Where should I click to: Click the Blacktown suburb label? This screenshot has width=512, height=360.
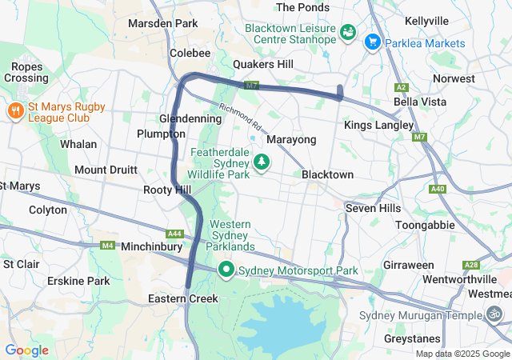pyautogui.click(x=327, y=174)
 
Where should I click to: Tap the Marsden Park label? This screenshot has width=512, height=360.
pyautogui.click(x=162, y=23)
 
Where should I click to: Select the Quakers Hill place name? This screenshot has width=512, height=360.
pyautogui.click(x=262, y=64)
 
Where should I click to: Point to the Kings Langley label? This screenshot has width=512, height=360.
pyautogui.click(x=378, y=126)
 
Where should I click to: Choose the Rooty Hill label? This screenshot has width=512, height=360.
pyautogui.click(x=166, y=190)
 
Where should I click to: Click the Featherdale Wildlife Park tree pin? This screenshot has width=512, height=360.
pyautogui.click(x=261, y=162)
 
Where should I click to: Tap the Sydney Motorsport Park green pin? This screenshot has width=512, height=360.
pyautogui.click(x=226, y=271)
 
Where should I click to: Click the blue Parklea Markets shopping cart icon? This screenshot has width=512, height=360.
pyautogui.click(x=372, y=42)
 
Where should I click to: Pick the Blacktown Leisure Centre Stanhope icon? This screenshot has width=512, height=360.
pyautogui.click(x=348, y=33)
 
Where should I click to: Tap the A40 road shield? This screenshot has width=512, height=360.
pyautogui.click(x=437, y=189)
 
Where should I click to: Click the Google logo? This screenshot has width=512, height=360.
pyautogui.click(x=26, y=350)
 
